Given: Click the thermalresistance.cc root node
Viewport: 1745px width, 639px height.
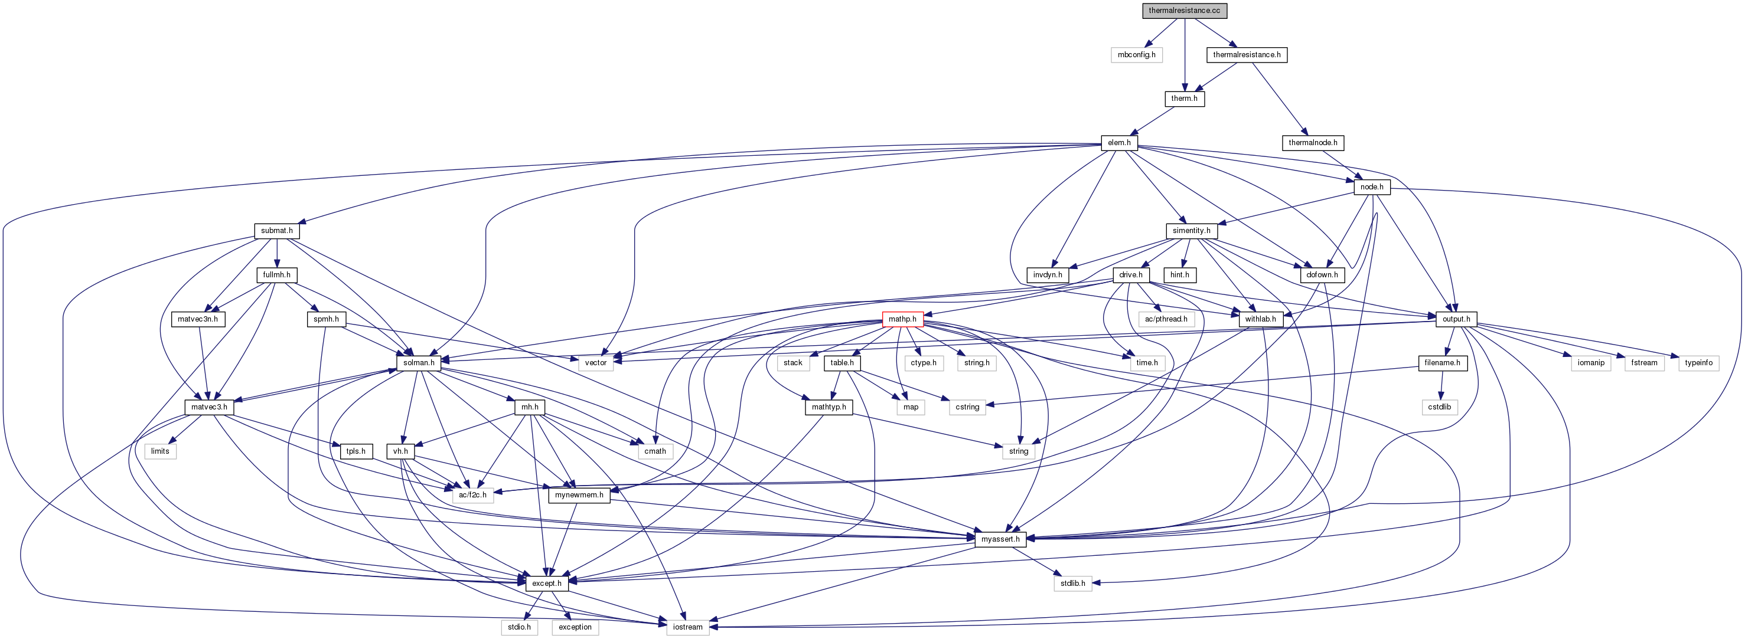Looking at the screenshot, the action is pos(1184,11).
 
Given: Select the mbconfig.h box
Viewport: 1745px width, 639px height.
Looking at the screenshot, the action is pos(1136,55).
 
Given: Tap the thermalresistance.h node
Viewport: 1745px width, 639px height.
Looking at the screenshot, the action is pos(1247,55).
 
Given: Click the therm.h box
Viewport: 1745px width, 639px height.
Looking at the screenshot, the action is pos(1184,99).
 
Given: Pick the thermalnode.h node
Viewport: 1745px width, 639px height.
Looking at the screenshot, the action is pos(1313,143).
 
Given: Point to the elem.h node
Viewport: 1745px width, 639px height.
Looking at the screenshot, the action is pos(1119,143).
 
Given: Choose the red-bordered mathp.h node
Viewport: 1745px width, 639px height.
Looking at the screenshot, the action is pos(902,319).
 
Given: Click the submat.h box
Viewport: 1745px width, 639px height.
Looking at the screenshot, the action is pos(277,231).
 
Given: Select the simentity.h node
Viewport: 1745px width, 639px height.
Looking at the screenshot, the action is pos(1192,231).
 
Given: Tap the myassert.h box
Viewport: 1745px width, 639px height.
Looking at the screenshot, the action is pos(1000,539).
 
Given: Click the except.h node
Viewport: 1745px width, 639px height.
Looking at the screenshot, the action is pos(547,584).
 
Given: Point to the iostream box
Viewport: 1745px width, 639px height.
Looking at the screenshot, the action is pos(687,627).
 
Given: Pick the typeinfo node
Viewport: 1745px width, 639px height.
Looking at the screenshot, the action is pos(1698,363).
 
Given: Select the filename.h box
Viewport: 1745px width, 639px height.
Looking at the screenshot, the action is pos(1442,363).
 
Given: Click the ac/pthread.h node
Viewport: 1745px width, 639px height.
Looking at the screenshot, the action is pos(1166,319).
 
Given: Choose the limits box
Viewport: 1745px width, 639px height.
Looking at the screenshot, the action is pos(160,451).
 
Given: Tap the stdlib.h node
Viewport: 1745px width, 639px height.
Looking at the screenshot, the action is pos(1073,584).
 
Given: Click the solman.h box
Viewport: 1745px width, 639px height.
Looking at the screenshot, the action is pos(419,363).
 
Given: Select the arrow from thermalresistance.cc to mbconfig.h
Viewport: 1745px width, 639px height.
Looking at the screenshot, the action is pos(1160,32).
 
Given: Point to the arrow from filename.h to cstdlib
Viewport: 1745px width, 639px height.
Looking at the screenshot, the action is pos(1441,385).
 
